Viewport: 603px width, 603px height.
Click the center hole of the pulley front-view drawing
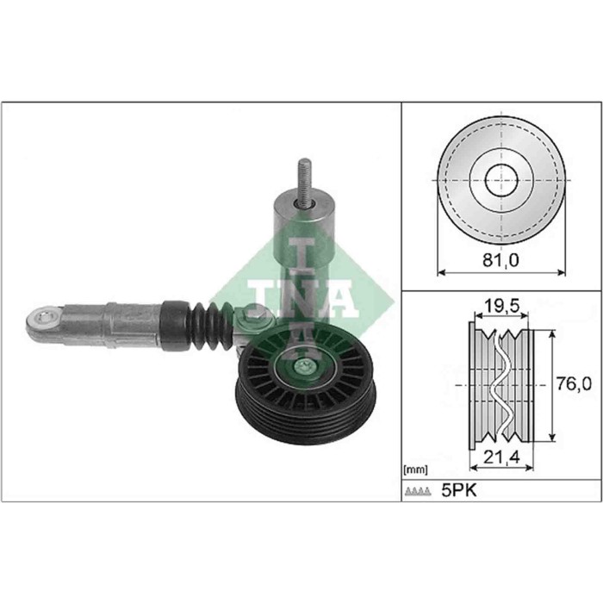point(500,182)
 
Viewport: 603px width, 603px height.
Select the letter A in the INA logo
point(339,297)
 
